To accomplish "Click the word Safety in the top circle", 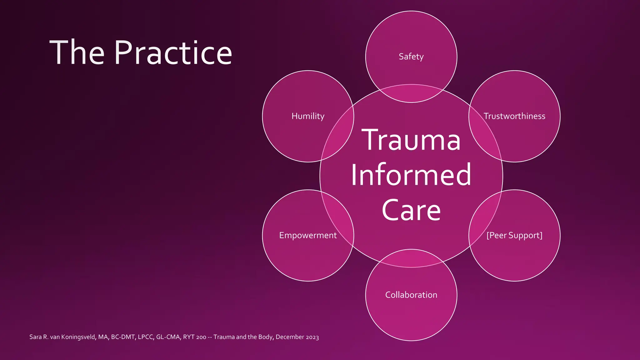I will point(411,57).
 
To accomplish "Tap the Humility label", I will point(308,116).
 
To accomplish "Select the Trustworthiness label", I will point(514,116).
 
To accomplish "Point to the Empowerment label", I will point(308,235).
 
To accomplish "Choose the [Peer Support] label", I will point(514,235).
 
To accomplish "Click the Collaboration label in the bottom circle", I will point(411,295).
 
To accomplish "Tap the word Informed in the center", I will point(411,175).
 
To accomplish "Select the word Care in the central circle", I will point(411,210).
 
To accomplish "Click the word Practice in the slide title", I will point(173,53).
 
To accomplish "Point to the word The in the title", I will point(77,53).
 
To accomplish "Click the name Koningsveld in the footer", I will point(78,337).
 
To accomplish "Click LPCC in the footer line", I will point(145,337).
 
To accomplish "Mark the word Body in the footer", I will point(265,337).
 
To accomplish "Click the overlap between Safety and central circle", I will point(411,93).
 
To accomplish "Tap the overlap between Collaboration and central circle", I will point(411,258).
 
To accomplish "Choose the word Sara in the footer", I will point(35,337).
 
